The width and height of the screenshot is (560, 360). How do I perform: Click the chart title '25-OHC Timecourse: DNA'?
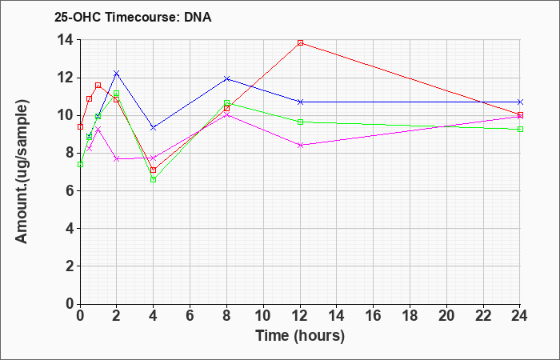coord(133,17)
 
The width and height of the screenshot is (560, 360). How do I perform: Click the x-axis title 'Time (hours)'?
coord(300,336)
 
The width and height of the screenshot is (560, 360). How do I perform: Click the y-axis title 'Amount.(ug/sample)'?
coord(22,172)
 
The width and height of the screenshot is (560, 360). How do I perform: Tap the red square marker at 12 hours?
coord(300,43)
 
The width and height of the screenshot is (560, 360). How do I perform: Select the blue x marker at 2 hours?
coord(116,74)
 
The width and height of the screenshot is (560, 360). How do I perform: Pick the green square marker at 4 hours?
coord(154,180)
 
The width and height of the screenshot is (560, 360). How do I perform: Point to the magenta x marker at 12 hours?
coord(300,145)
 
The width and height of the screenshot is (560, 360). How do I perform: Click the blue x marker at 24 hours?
coord(520,102)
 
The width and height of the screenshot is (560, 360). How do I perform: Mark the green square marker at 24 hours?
coord(520,130)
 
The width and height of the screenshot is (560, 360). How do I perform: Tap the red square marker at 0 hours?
coord(80,126)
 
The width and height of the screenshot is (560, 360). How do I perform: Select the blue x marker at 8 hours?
coord(226,78)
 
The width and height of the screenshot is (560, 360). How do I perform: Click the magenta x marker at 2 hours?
coord(116,159)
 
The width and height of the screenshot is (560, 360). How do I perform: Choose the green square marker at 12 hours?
coord(300,122)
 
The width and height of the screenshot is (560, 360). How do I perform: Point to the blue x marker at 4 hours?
coord(154,127)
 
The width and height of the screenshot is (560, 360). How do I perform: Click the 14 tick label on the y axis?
coord(66,40)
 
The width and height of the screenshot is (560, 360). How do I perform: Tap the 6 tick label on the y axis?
coord(70,190)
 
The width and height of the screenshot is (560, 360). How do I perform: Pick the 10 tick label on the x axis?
coord(263,316)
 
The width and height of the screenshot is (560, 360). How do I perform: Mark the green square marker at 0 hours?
coord(80,164)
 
